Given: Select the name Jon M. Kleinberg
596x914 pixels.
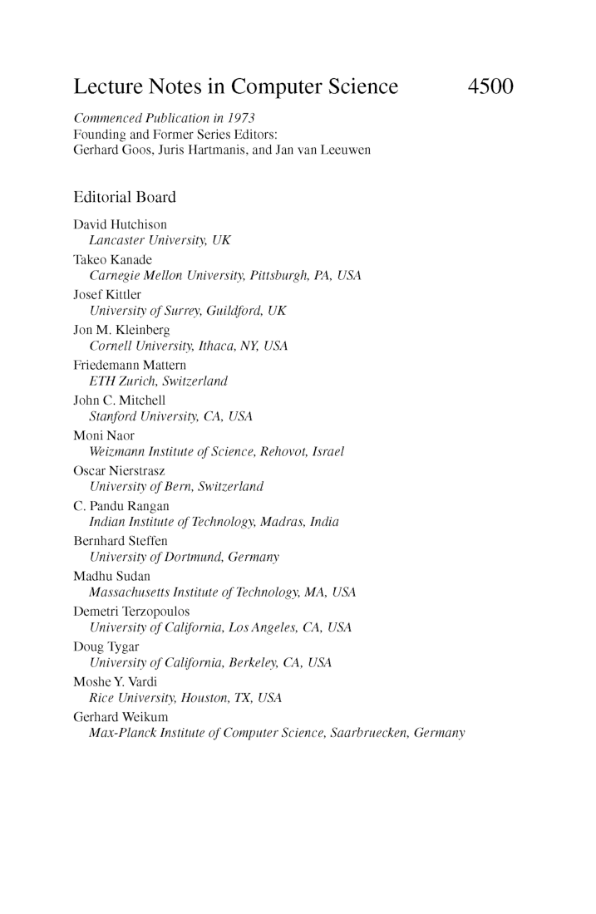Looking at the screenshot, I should coord(121,330).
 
